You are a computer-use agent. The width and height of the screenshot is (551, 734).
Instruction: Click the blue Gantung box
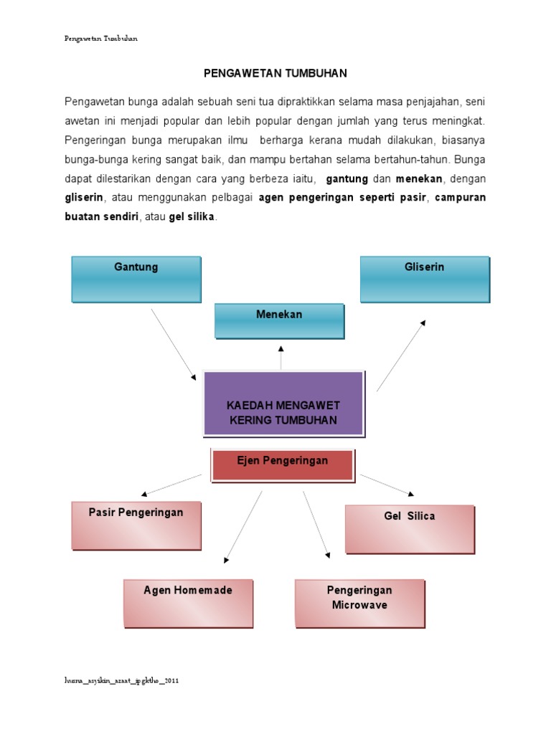pos(136,280)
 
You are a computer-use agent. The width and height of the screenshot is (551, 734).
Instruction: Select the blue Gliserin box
pos(425,280)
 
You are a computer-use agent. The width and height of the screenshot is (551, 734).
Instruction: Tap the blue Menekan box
pos(280,320)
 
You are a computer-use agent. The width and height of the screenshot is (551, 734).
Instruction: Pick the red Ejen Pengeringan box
pos(282,464)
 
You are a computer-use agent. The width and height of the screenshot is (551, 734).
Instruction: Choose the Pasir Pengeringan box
pos(136,525)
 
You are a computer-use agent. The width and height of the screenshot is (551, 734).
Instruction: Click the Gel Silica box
pos(410,529)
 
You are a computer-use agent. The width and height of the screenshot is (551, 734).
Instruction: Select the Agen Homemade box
pos(188,604)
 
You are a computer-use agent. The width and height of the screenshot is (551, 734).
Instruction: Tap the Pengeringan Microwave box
pos(359,604)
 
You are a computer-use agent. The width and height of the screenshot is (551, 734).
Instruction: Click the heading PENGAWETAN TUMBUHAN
pos(275,73)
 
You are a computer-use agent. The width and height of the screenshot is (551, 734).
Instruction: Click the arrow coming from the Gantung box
pos(173,345)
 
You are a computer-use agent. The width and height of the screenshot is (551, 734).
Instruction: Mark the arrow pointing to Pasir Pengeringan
pos(171,485)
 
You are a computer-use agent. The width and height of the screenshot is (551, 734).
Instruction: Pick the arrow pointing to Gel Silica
pos(387,485)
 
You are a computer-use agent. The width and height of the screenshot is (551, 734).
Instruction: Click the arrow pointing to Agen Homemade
pos(243,525)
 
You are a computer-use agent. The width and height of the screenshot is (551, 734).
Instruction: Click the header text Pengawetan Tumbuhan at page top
pos(100,39)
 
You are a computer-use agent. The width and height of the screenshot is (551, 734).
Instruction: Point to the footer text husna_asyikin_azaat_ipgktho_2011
pos(121,681)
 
